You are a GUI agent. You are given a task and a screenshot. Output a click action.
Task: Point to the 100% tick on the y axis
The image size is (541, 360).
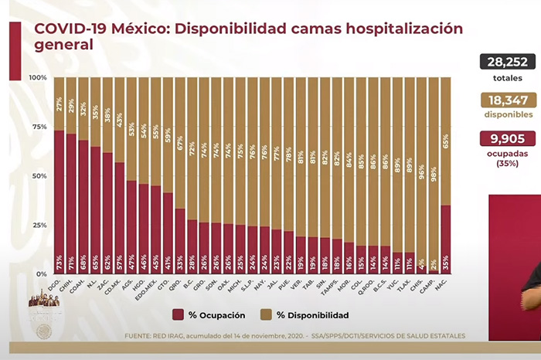pos(38,78)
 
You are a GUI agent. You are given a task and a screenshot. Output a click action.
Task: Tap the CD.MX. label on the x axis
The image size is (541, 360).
pos(120,290)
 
